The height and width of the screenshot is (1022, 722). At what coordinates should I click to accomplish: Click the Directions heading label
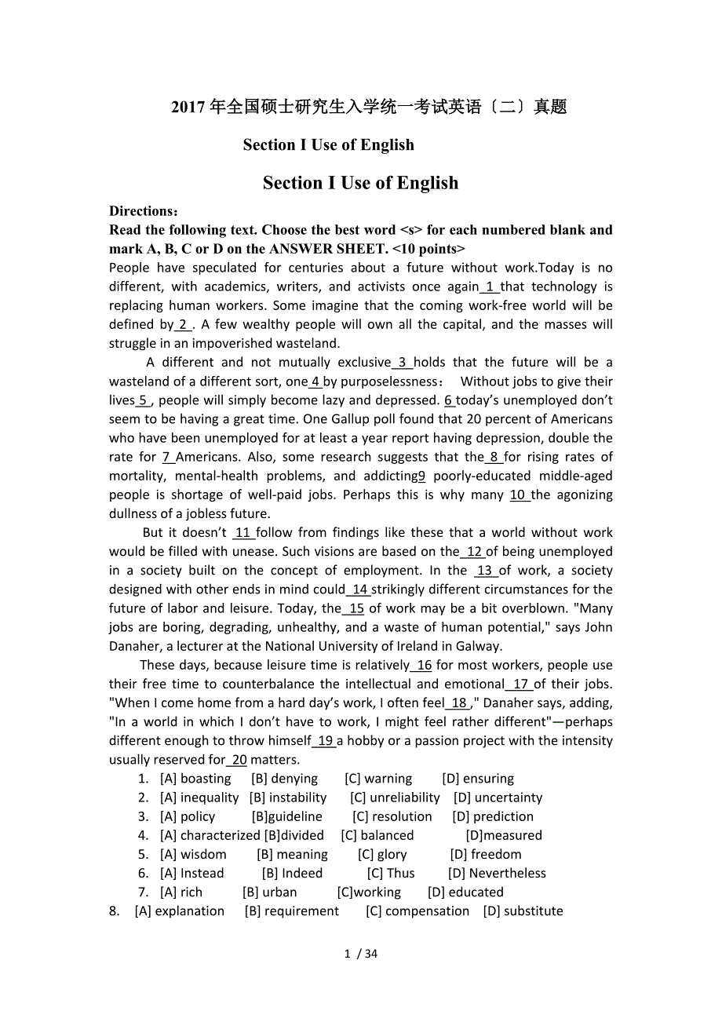[x=144, y=211]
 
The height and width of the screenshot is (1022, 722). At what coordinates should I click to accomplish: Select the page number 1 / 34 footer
[x=361, y=954]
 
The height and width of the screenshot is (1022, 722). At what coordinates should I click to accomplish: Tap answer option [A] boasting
[x=195, y=779]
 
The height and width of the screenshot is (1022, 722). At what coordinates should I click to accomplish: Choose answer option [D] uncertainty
[x=498, y=798]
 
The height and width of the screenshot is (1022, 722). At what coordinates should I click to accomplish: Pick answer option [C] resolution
[x=392, y=816]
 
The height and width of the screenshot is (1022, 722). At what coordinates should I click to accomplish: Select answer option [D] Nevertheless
[x=497, y=873]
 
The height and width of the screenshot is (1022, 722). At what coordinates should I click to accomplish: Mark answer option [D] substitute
[x=523, y=911]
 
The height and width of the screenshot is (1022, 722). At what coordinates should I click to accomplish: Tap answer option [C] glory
[x=382, y=854]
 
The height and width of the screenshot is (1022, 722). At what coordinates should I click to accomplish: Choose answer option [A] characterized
[x=210, y=835]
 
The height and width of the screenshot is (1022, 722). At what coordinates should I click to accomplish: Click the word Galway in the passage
[x=477, y=646]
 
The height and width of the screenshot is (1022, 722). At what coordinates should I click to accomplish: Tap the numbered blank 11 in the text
[x=243, y=533]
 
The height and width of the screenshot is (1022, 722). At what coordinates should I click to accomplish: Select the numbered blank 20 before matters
[x=239, y=760]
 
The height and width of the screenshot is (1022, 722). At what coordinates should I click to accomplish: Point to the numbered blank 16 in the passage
[x=423, y=665]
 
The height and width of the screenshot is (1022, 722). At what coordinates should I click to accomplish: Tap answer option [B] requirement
[x=292, y=911]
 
